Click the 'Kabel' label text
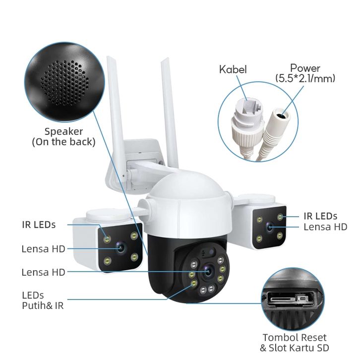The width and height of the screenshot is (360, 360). click(x=233, y=69)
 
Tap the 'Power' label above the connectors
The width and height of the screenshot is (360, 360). click(x=305, y=68)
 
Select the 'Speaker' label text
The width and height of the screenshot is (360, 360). click(x=63, y=131)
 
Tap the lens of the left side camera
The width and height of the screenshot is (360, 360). click(x=120, y=247)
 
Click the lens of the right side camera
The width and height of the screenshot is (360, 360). click(x=270, y=228)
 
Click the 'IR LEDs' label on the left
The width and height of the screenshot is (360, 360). click(x=39, y=225)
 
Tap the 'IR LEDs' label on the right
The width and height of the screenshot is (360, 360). click(x=320, y=216)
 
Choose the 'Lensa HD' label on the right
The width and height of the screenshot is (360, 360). click(x=325, y=227)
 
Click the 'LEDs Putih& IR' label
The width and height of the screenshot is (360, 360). click(x=43, y=300)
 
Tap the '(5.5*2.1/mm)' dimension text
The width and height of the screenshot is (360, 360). click(x=305, y=78)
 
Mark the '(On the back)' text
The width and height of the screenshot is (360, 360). click(x=63, y=142)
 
